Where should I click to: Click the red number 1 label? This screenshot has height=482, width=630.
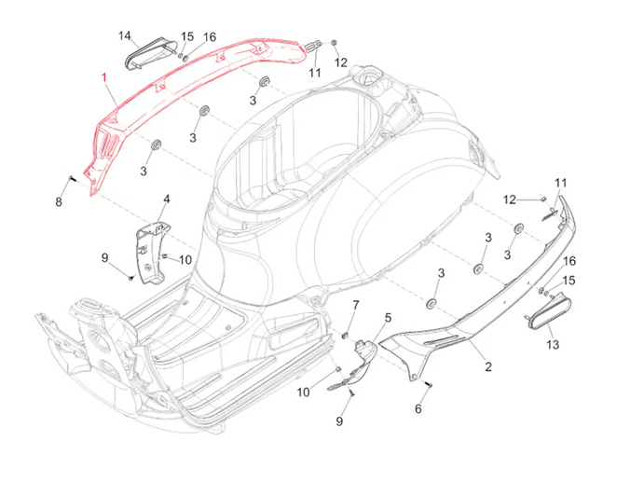coord(105,78)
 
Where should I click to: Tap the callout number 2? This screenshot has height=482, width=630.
coord(487,366)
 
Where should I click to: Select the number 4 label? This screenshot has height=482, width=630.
coord(167,200)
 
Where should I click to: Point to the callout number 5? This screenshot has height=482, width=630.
coord(388,319)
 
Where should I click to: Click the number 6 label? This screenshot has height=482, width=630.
coord(418,408)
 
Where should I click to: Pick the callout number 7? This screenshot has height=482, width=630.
coord(355,306)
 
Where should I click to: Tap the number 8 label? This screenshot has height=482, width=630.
coord(59,201)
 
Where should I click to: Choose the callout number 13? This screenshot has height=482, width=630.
coord(553,344)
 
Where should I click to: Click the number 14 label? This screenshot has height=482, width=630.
coord(125,35)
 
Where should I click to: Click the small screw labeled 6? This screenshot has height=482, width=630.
coord(427,385)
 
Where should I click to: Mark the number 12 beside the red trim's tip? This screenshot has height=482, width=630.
coord(341,62)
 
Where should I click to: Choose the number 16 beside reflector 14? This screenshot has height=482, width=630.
coord(210,37)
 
